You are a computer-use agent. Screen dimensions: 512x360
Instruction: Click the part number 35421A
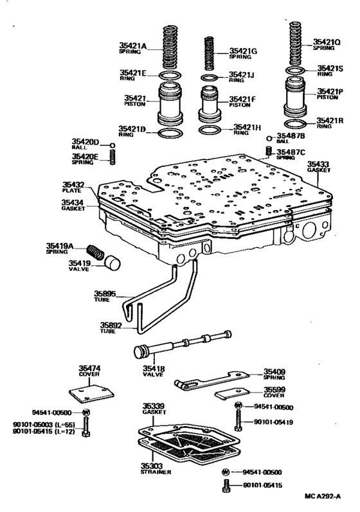click(x=132, y=46)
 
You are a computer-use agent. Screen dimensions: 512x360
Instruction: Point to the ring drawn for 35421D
click(x=170, y=132)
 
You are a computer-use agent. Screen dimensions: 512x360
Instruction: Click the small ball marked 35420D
click(x=112, y=145)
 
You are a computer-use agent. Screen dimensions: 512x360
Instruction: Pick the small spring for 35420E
click(x=112, y=157)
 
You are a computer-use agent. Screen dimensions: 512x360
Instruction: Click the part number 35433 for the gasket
click(x=317, y=164)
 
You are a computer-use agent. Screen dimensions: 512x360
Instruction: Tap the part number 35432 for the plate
click(x=73, y=184)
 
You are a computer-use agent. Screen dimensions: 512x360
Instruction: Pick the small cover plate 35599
click(x=233, y=395)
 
